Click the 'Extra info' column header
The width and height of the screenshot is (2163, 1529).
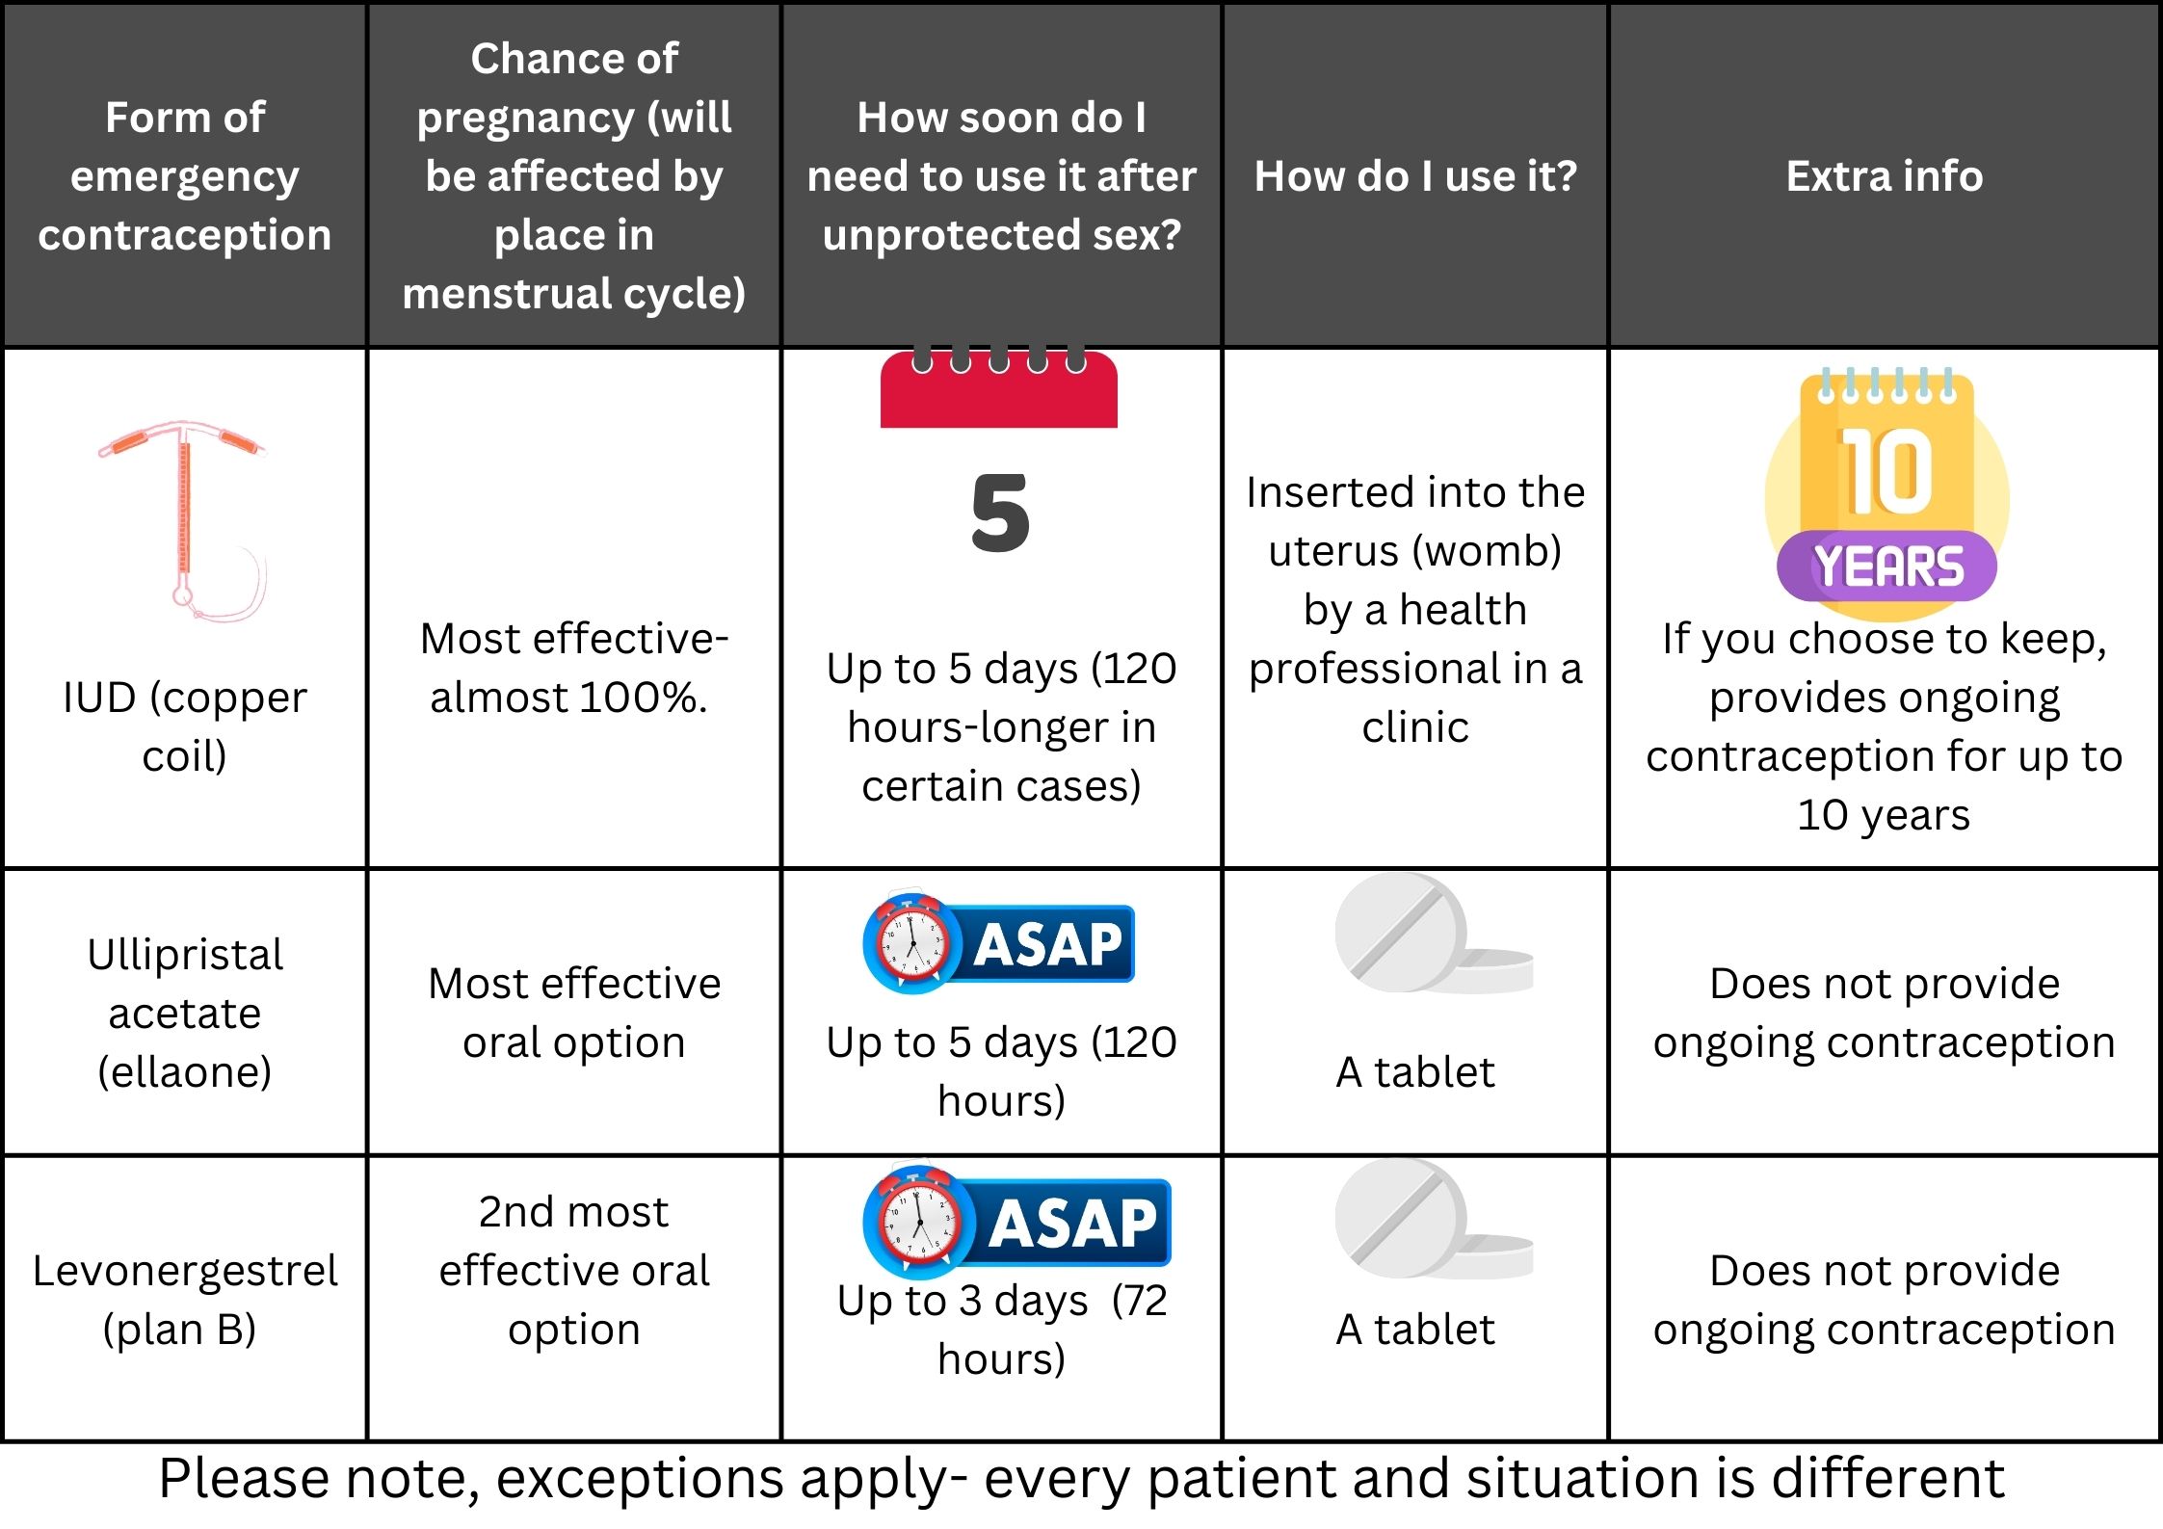point(1885,176)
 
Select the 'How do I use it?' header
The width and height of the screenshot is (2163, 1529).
point(1415,176)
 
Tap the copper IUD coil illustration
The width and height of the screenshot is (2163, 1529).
point(183,520)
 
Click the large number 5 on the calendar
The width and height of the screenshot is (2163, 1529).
point(1000,513)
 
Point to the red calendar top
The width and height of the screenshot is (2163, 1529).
point(999,387)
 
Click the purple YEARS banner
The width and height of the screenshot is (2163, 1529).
point(1886,567)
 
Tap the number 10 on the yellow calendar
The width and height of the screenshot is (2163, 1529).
point(1886,472)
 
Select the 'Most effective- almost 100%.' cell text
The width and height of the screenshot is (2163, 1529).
point(573,668)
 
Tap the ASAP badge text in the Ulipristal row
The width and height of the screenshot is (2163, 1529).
point(1048,944)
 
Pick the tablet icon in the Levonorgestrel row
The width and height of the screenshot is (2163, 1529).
point(1434,1220)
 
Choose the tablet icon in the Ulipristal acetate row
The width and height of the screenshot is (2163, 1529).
point(1434,933)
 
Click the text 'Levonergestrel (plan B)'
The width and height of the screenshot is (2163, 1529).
point(184,1300)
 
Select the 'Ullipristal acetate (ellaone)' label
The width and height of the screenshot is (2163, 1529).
point(184,1013)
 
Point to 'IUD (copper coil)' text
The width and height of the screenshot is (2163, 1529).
point(184,726)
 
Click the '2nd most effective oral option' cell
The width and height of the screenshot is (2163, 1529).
point(574,1271)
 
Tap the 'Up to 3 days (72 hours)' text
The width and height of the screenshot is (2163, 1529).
point(1002,1330)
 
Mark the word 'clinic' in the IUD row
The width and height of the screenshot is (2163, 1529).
point(1415,727)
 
